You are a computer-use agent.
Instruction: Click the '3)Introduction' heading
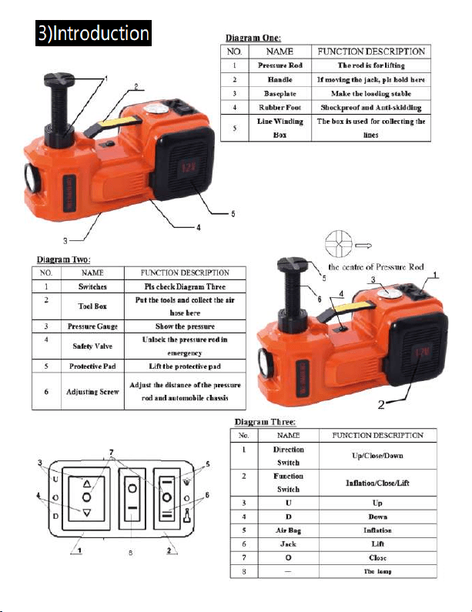pos(93,33)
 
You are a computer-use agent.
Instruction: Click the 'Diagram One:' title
pos(253,38)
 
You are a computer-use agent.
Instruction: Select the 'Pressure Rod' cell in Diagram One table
pos(280,65)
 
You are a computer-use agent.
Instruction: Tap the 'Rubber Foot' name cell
pos(280,107)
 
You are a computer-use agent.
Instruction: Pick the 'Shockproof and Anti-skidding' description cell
pos(371,107)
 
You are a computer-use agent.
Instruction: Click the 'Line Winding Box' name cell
pos(280,128)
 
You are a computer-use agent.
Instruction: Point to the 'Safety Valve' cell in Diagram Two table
pos(92,346)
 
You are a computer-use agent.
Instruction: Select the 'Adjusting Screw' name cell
pos(92,391)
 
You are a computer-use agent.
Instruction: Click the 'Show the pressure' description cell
pos(185,326)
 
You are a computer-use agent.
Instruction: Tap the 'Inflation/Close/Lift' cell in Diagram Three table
pos(377,483)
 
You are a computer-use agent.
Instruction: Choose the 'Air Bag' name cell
pos(288,530)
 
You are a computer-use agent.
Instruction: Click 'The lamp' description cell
pos(377,571)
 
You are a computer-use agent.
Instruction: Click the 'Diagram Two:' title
pos(63,259)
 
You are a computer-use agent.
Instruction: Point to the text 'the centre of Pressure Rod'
pos(376,267)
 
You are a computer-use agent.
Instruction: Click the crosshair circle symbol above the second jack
pos(339,244)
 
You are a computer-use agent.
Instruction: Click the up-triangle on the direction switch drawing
pos(87,484)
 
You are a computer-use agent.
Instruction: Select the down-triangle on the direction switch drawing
pos(87,512)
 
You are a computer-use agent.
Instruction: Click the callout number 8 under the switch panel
pos(130,553)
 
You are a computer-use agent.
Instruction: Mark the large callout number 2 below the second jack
pos(381,405)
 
